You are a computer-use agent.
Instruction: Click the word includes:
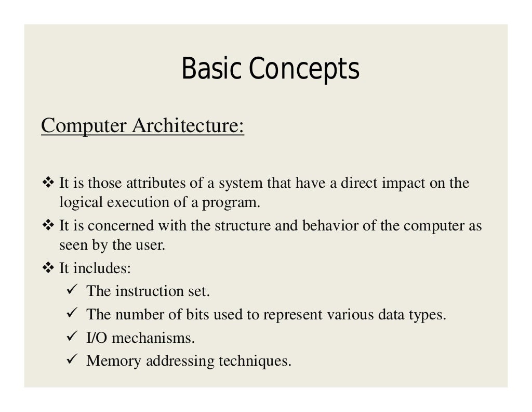[102, 268]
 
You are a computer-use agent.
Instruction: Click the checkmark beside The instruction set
[73, 290]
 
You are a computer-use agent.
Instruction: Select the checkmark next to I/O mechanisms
[73, 338]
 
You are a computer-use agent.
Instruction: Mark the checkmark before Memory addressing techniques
[73, 360]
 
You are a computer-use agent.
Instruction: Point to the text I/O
[97, 338]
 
